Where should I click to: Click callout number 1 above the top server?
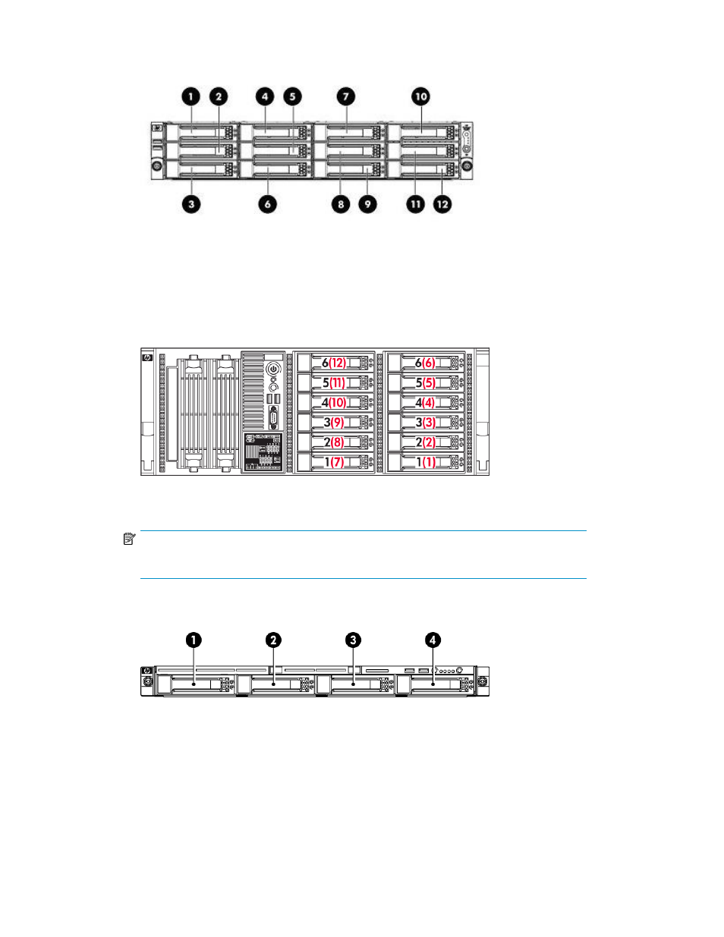pyautogui.click(x=191, y=96)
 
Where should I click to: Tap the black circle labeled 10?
pyautogui.click(x=421, y=96)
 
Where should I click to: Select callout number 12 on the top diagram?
pyautogui.click(x=442, y=204)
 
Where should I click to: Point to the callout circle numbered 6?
pyautogui.click(x=267, y=204)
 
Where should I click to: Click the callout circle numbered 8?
pyautogui.click(x=341, y=204)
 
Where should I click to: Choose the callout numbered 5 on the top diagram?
pyautogui.click(x=292, y=96)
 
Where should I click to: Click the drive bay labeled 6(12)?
pyautogui.click(x=334, y=363)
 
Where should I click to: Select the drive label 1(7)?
pyautogui.click(x=334, y=462)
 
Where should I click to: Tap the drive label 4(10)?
pyautogui.click(x=334, y=403)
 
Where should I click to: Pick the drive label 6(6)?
pyautogui.click(x=425, y=363)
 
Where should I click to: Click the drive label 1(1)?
pyautogui.click(x=426, y=462)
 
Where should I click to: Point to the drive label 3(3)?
pyautogui.click(x=426, y=423)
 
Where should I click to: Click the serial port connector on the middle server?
pyautogui.click(x=273, y=417)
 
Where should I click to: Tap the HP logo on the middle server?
pyautogui.click(x=147, y=357)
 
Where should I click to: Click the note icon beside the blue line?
pyautogui.click(x=129, y=539)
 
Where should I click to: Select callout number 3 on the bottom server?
pyautogui.click(x=353, y=640)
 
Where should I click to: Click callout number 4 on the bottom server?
pyautogui.click(x=433, y=640)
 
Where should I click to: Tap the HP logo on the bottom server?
pyautogui.click(x=147, y=671)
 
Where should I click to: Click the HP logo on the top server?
pyautogui.click(x=157, y=127)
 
